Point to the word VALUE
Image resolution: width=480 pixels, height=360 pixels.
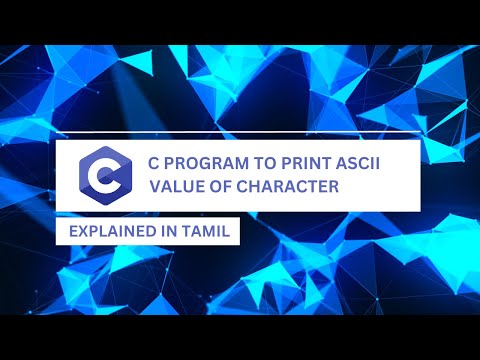click(x=177, y=186)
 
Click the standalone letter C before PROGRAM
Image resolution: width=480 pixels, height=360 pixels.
click(x=152, y=163)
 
